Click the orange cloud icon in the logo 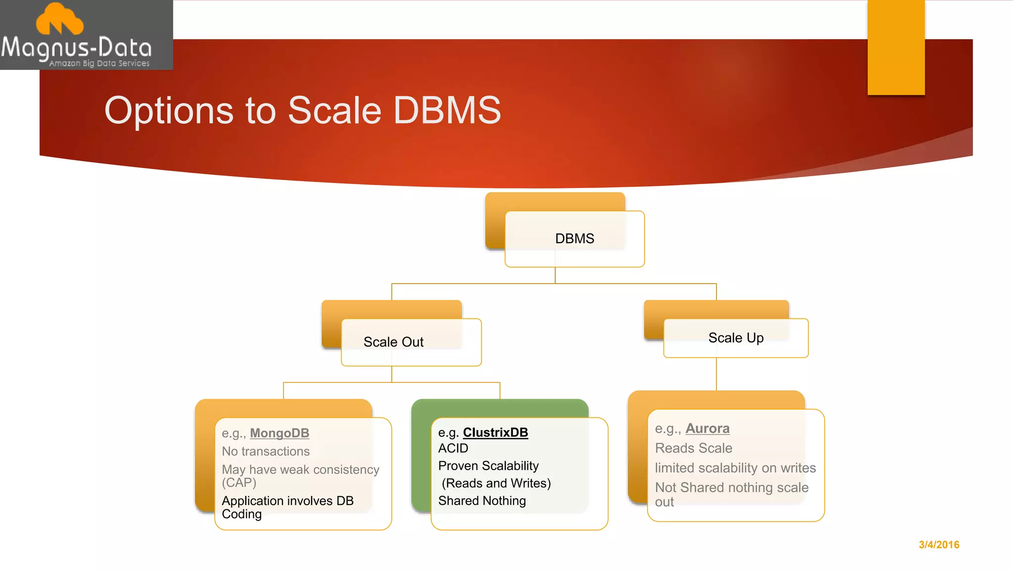pos(60,20)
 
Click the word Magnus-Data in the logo pos(77,48)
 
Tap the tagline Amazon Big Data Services pos(99,63)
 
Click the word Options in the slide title pos(169,111)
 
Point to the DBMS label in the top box pos(574,238)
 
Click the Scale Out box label pos(393,342)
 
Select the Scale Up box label pos(736,338)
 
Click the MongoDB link pos(279,433)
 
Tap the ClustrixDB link pos(495,432)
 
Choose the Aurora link pos(707,428)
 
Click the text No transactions pos(266,451)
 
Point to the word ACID pos(453,448)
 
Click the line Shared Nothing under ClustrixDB pos(482,501)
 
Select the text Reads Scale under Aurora pos(693,448)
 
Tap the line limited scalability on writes pos(735,468)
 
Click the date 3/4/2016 pos(939,545)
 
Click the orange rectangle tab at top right pos(896,47)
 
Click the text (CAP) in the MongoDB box pos(239,482)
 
